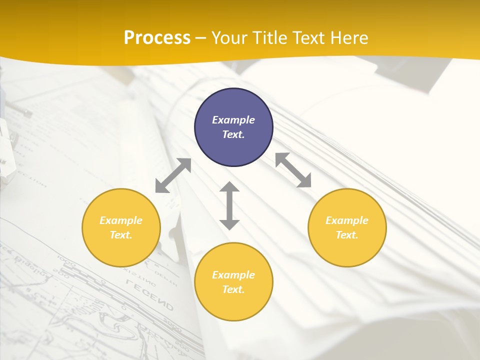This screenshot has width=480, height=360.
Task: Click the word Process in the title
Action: (x=157, y=38)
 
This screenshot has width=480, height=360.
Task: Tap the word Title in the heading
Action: (x=270, y=38)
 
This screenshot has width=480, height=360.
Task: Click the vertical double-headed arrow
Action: (x=229, y=206)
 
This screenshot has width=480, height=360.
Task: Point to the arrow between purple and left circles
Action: (x=173, y=175)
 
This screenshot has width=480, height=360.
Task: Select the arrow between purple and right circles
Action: (x=293, y=170)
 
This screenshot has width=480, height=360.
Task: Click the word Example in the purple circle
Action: (x=233, y=120)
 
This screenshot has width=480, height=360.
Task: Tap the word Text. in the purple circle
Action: (x=233, y=134)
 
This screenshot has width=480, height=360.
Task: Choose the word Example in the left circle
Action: (x=121, y=220)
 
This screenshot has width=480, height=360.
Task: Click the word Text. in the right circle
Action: (x=347, y=235)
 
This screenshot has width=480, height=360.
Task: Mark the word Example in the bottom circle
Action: (x=233, y=275)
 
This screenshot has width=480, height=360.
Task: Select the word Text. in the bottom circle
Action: (x=233, y=289)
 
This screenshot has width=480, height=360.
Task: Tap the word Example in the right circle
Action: (x=347, y=220)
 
